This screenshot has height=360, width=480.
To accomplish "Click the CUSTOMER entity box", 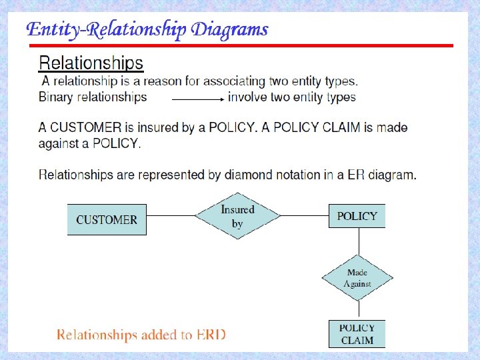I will coord(107,219).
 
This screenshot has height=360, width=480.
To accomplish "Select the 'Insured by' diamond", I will coord(237,216).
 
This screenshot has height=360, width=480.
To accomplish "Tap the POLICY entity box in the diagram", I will coord(357,216).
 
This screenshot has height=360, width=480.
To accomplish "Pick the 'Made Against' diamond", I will coord(357,277).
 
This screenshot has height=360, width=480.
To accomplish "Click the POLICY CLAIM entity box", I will coord(357,334).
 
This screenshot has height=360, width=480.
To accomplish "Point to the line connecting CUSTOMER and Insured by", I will coord(171,216).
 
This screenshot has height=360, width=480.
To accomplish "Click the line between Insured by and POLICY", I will coord(305,216).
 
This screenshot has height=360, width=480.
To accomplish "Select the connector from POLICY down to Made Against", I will coord(357,241).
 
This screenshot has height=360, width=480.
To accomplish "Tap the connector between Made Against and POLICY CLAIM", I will coord(357,310).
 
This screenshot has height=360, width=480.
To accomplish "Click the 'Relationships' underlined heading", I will coord(91,63).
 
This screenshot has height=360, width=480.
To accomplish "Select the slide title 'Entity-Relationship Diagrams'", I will coord(147,30).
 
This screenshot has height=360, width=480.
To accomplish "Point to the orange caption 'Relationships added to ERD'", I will coord(141,335).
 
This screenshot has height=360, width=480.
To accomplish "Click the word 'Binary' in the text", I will coord(57,97).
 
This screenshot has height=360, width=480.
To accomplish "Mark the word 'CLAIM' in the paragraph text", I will coord(339,127).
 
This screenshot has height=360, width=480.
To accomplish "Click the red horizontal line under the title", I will coord(240,46).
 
